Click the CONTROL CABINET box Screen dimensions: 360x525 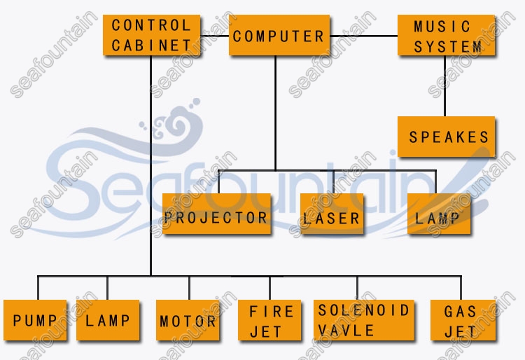150,35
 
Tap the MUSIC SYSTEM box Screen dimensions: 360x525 447,36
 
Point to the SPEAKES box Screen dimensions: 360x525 447,137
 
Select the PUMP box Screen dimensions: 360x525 35,321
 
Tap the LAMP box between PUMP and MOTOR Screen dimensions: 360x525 108,321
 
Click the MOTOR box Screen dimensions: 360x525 188,321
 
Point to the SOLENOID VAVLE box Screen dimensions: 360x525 363,321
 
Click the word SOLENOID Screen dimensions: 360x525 363,310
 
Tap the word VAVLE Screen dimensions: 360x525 346,330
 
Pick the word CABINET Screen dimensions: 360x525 150,46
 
